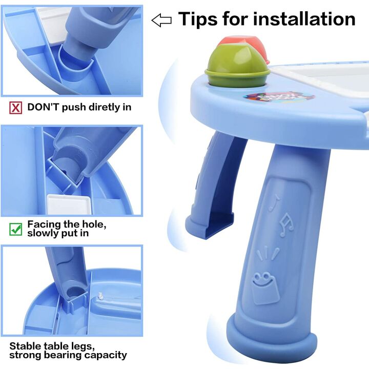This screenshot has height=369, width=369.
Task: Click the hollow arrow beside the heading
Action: click(x=161, y=20)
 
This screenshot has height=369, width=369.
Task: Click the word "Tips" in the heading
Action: click(x=198, y=19)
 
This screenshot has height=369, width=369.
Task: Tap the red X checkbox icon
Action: click(x=16, y=108)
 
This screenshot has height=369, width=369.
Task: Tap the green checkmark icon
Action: click(x=16, y=229)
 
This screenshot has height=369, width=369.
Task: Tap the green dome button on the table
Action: click(x=237, y=65)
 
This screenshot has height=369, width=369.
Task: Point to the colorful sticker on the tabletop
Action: click(x=279, y=97)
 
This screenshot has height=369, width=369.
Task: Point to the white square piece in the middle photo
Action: click(x=69, y=204)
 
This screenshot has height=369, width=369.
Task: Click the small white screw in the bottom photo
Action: click(x=101, y=295)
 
